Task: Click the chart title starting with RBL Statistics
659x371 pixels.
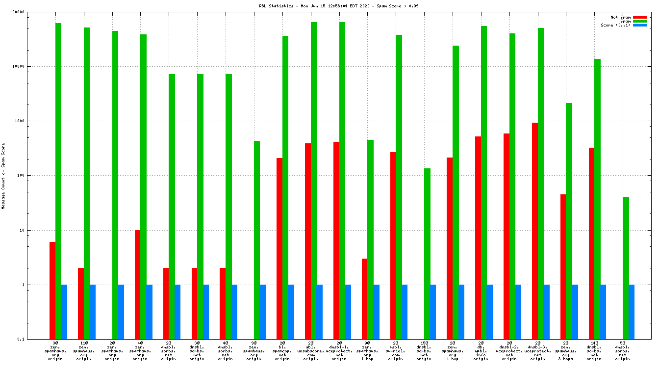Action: tap(338, 6)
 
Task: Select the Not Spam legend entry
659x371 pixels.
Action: tap(620, 17)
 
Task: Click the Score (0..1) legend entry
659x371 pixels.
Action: tap(616, 25)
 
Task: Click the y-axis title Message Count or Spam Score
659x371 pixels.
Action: tap(3, 176)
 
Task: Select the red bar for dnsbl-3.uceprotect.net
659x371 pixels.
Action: tap(535, 231)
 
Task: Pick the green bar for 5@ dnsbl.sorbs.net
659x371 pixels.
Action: tap(626, 267)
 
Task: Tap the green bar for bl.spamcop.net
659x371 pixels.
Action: tap(285, 187)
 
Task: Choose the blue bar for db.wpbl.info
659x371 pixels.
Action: tap(489, 312)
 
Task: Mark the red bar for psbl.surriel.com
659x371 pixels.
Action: tap(393, 245)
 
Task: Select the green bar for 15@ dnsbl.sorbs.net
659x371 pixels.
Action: tap(428, 253)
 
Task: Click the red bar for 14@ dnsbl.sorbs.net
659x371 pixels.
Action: tap(592, 243)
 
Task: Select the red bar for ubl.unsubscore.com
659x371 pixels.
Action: tap(308, 241)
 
